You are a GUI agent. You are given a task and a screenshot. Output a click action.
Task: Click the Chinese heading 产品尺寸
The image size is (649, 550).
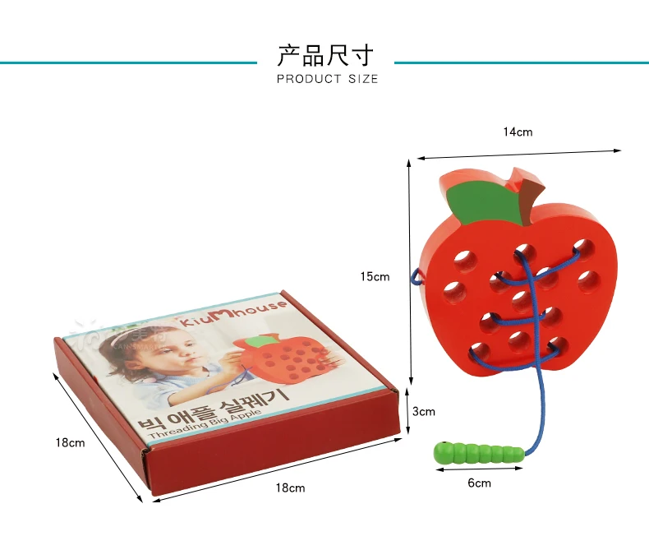[325, 55]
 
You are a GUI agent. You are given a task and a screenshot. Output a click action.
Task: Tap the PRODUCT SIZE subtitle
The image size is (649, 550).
[327, 79]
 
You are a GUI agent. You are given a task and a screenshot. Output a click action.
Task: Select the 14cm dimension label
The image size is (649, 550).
[518, 132]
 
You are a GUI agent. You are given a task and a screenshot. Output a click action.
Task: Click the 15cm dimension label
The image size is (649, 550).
[375, 276]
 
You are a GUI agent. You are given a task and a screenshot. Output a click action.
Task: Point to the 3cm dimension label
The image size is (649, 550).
[424, 411]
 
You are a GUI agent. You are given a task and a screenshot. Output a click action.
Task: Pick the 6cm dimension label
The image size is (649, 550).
[479, 483]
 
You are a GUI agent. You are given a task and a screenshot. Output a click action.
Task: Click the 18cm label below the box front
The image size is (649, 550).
[290, 488]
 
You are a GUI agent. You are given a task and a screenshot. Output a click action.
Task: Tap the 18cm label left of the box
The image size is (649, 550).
[70, 442]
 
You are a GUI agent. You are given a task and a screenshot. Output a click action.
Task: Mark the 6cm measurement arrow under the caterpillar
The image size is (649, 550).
[479, 469]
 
